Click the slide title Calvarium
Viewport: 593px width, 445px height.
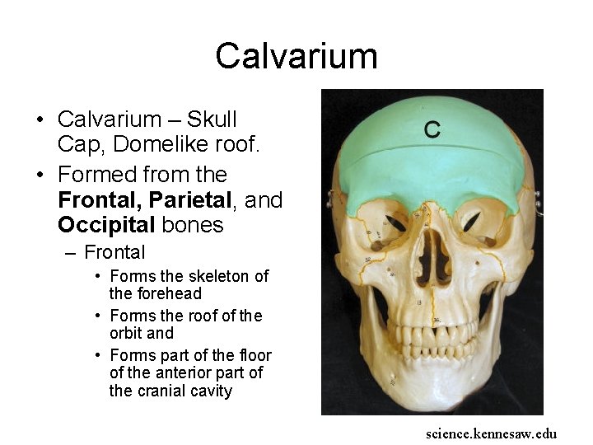tap(296, 56)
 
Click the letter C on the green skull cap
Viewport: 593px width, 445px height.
tap(432, 129)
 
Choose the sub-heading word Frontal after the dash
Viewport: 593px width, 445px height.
tap(114, 252)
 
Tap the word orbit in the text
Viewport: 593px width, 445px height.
tap(128, 333)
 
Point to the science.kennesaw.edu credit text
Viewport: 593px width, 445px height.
tap(491, 433)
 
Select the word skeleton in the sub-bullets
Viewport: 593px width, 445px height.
tap(219, 276)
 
